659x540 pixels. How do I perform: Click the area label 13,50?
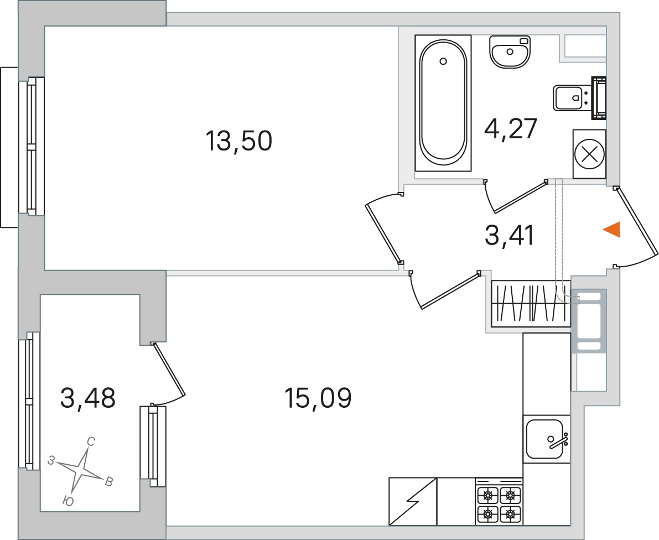pos(238,141)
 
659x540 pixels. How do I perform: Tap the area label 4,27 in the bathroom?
pos(511,128)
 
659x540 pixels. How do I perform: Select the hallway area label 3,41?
pos(510,235)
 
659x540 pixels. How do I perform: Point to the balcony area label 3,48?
pos(88,398)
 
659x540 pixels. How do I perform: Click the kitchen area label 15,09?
pos(318,398)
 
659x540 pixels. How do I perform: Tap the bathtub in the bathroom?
pos(443,103)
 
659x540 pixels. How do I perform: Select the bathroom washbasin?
pos(510,51)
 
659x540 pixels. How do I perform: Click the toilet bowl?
pos(579,98)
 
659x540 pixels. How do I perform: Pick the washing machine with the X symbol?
pos(589,154)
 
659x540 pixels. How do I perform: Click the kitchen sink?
pos(546,439)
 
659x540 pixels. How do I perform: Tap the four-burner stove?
pos(499,501)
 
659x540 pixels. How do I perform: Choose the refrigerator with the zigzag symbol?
pos(413,501)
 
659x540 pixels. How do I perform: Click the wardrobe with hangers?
pos(531,303)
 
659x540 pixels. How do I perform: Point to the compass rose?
pos(81,470)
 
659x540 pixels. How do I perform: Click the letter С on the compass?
pos(91,442)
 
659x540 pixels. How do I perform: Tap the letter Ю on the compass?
pos(68,501)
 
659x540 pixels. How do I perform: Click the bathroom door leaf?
pos(521,196)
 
